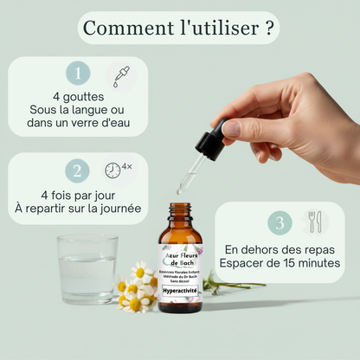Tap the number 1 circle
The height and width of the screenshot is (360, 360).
(x=78, y=74)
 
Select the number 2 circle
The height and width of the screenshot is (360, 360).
(x=78, y=170)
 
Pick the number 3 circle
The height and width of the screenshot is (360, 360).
(x=279, y=222)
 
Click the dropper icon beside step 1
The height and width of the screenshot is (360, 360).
(x=121, y=75)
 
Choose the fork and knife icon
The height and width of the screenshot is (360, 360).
(x=313, y=222)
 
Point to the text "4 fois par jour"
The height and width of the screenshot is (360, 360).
(x=79, y=195)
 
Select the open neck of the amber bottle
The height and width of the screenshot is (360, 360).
(x=181, y=208)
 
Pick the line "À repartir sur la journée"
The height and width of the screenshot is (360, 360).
(x=79, y=209)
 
